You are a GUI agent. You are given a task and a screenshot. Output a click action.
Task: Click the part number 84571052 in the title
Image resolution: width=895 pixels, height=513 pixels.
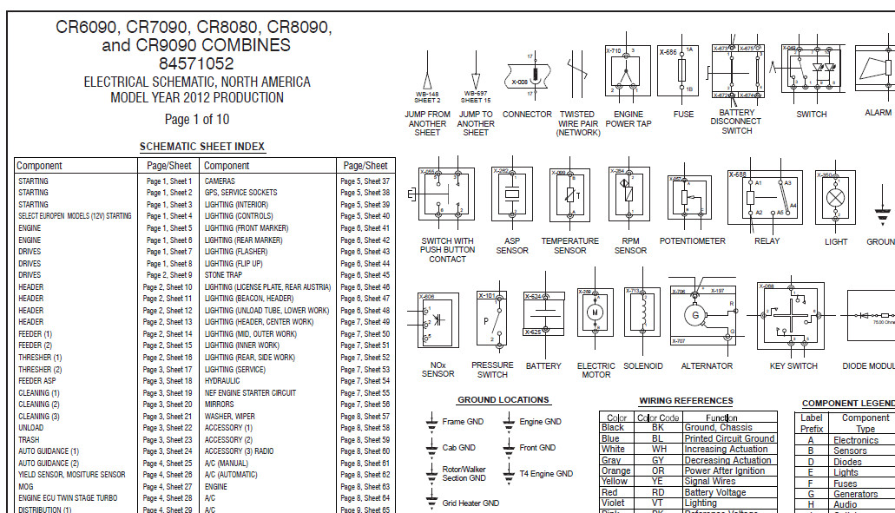[x=196, y=63]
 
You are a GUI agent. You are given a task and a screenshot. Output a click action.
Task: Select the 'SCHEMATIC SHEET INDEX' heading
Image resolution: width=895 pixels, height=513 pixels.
[x=202, y=147]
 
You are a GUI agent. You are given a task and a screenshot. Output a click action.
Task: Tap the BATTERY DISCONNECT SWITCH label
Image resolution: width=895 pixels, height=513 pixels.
[x=737, y=122]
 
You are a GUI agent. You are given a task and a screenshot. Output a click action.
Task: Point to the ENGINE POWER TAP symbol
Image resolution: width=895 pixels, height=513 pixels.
[x=628, y=70]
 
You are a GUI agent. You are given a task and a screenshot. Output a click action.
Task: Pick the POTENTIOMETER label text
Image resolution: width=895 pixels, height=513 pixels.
[x=692, y=241]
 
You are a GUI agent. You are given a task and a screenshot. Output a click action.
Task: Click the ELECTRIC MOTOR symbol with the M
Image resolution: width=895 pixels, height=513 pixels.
[x=596, y=311]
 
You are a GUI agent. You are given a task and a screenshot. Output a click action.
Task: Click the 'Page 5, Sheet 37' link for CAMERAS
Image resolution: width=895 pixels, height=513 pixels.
[x=365, y=181]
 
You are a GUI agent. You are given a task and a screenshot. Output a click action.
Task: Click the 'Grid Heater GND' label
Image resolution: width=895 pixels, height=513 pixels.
[x=471, y=503]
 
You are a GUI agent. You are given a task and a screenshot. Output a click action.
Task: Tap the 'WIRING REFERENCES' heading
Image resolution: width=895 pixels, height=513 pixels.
[x=686, y=401]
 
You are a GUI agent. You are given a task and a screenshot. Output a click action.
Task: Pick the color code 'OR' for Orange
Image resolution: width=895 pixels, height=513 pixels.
[x=657, y=470]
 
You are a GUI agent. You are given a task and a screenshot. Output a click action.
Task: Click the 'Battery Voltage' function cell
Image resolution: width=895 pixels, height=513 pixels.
[x=714, y=492]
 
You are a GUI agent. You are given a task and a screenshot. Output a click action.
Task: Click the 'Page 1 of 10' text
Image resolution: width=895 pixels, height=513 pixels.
[x=197, y=120]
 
